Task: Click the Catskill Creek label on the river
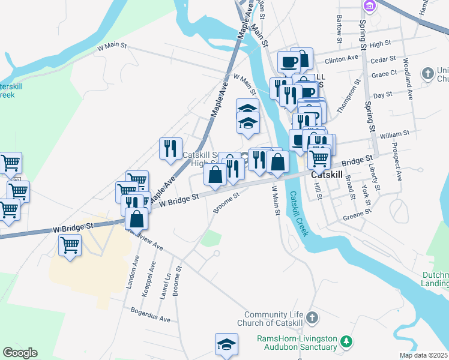(298, 214)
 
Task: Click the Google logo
(20, 353)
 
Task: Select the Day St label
(382, 95)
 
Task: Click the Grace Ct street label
(384, 74)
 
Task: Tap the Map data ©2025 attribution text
(424, 355)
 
